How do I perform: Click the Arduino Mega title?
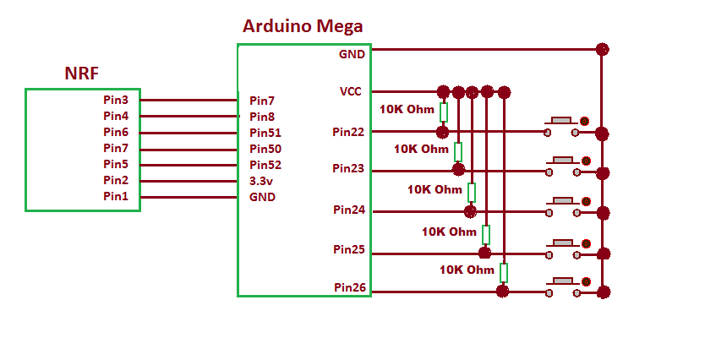click(x=303, y=26)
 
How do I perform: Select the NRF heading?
click(x=82, y=74)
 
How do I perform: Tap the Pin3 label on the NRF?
click(x=116, y=100)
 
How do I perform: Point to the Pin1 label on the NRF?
click(x=116, y=197)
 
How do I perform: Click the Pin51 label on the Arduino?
click(x=265, y=133)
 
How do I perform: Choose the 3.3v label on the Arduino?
click(x=262, y=181)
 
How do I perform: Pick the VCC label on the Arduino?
click(x=351, y=91)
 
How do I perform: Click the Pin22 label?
click(x=348, y=132)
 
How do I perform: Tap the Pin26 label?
click(x=348, y=287)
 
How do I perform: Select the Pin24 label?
click(x=348, y=210)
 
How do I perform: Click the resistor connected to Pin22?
click(x=443, y=112)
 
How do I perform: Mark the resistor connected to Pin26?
click(x=504, y=272)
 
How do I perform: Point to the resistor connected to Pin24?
click(x=472, y=191)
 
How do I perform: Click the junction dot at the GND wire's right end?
click(x=602, y=49)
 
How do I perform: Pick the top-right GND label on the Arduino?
click(x=352, y=54)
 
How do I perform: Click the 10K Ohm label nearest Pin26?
click(x=466, y=270)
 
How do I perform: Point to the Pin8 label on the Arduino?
click(x=262, y=117)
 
